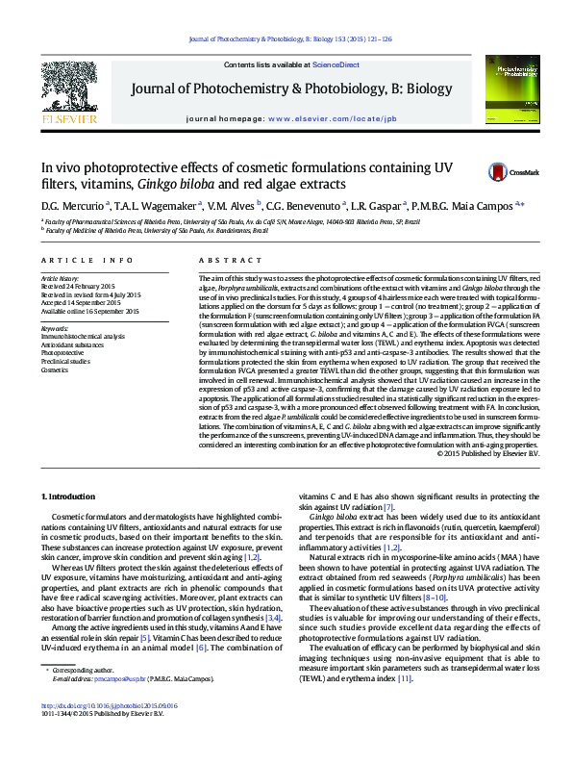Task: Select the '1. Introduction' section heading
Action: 71,496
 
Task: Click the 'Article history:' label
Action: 62,278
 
